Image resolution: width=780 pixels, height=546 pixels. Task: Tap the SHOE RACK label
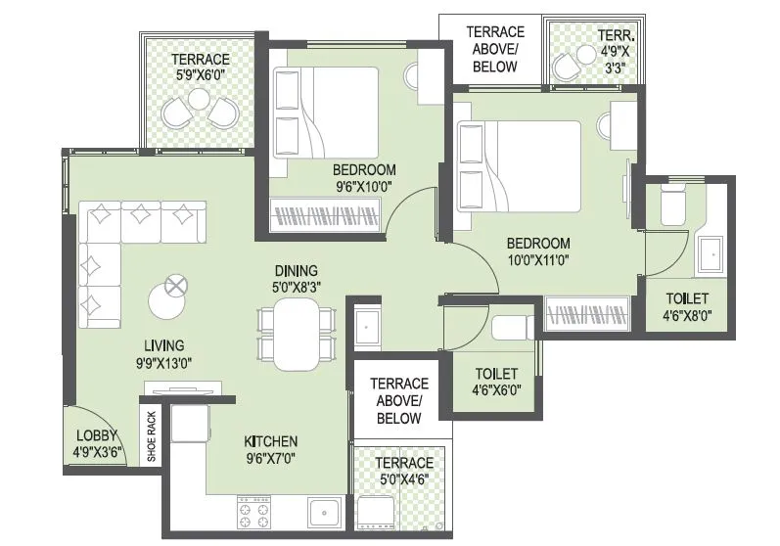point(152,436)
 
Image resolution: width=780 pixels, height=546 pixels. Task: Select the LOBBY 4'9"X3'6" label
point(96,443)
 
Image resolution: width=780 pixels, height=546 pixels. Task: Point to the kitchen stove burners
point(252,513)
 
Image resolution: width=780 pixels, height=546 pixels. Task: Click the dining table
point(297,334)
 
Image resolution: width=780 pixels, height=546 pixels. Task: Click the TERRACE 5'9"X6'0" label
point(201,67)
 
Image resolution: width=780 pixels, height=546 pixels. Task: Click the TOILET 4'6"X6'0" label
point(497,382)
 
